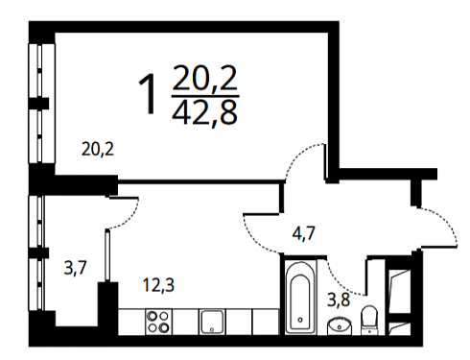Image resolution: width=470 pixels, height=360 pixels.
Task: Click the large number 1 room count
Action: [x=148, y=93]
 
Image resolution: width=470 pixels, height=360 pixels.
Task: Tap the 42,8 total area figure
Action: [x=205, y=112]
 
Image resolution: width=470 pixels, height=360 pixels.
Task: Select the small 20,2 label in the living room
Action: [x=98, y=149]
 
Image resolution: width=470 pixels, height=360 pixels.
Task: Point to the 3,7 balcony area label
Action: [x=76, y=268]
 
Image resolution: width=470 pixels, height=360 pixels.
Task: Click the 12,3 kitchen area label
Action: [x=158, y=285]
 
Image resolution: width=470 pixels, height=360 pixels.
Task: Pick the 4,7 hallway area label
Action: [x=304, y=233]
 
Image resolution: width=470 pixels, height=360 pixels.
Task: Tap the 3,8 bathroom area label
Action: [x=339, y=300]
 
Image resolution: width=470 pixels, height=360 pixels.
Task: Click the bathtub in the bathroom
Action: [x=298, y=297]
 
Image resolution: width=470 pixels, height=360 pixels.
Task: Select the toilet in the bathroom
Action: [x=369, y=320]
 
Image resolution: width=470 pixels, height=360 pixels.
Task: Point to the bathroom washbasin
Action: [x=340, y=325]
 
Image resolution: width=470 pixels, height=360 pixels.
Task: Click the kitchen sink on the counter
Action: [x=212, y=322]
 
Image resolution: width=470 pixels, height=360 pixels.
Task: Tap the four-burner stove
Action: [x=158, y=322]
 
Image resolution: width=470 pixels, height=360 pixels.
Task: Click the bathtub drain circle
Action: [x=300, y=320]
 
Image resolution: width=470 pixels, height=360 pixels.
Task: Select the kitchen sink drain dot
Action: [x=212, y=329]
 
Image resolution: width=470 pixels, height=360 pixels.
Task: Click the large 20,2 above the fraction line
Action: [x=205, y=78]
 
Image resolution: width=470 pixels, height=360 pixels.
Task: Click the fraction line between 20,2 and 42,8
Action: [x=205, y=96]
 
